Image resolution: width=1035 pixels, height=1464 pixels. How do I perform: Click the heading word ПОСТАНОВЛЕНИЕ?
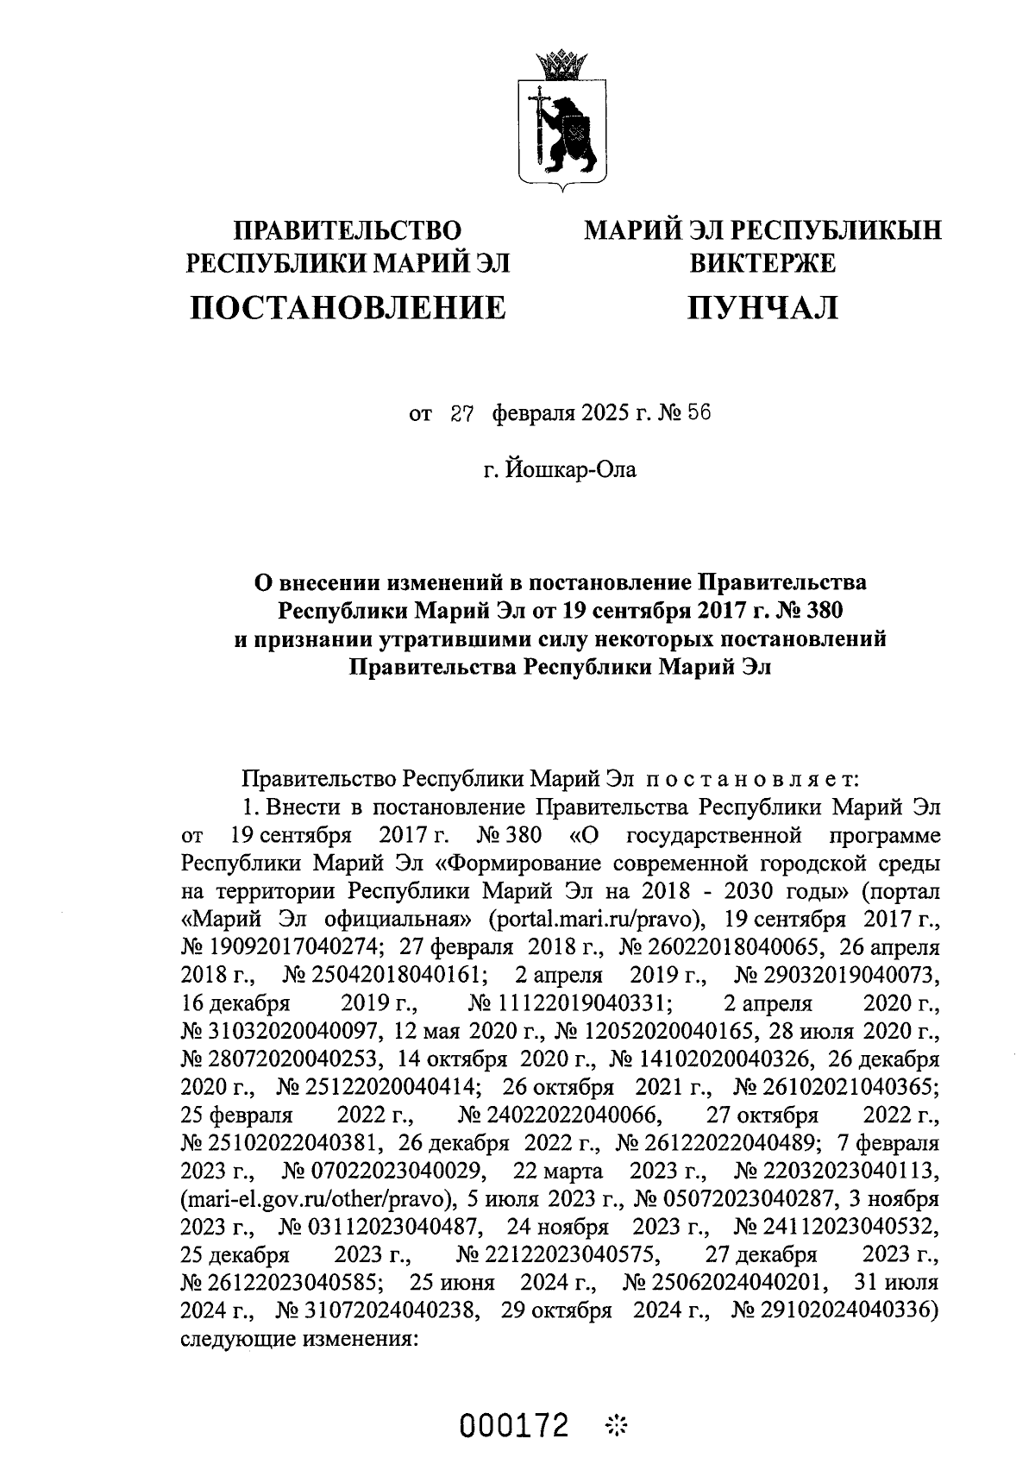click(348, 307)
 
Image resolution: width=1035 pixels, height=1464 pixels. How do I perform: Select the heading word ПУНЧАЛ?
click(762, 307)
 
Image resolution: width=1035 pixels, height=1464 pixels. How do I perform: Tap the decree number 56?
click(699, 413)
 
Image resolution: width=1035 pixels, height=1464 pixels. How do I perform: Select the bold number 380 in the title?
click(818, 611)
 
